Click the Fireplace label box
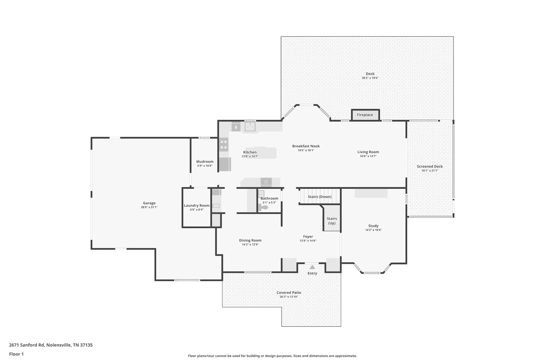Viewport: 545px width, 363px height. (x=365, y=115)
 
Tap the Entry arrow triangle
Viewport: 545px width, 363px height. (x=312, y=267)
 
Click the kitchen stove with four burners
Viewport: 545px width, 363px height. (x=224, y=145)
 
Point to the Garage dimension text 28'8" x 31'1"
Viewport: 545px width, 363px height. (x=149, y=207)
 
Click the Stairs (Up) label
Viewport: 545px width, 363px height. (x=332, y=221)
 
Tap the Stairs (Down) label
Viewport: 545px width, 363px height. (x=320, y=197)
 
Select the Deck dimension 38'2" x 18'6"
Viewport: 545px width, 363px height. (x=370, y=78)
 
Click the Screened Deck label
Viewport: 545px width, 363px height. (x=430, y=166)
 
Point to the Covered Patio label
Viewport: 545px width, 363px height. (x=289, y=293)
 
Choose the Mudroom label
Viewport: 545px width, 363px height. (x=205, y=161)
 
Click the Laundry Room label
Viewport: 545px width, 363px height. (x=197, y=205)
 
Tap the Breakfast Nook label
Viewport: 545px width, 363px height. (x=306, y=146)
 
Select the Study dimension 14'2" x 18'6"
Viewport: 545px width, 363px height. (x=373, y=230)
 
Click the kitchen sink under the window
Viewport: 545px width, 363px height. (x=250, y=126)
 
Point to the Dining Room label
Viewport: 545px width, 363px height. (x=250, y=240)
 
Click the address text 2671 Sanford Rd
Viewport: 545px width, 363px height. (x=27, y=345)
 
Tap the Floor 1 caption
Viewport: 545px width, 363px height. (x=16, y=354)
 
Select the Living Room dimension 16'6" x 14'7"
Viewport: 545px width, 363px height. (x=368, y=156)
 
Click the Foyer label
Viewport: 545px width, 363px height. (x=308, y=237)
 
